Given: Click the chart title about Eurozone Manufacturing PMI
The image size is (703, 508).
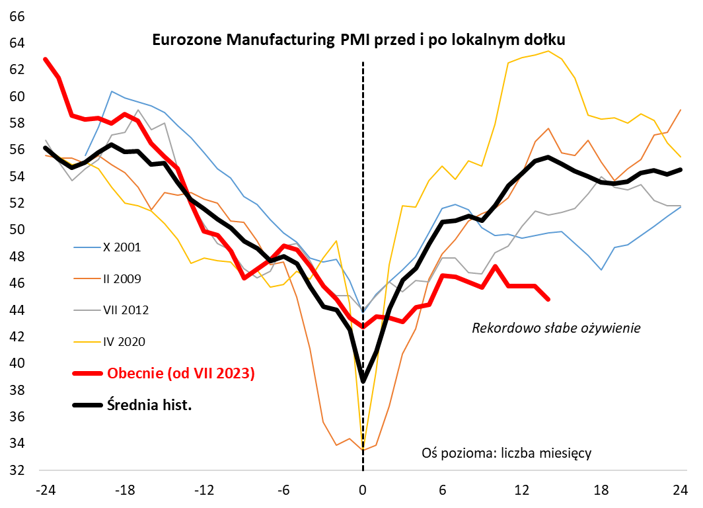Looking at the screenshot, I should point(359,40).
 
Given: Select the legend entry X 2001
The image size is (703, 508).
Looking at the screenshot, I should point(123,247).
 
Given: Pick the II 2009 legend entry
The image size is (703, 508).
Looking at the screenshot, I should point(123,278).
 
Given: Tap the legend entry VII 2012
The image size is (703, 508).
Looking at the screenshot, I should point(126,310).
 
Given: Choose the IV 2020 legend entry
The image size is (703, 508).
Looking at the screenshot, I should point(124,341).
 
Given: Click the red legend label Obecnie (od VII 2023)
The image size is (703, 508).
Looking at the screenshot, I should point(180,373).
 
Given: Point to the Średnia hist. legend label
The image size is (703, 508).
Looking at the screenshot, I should point(149,404).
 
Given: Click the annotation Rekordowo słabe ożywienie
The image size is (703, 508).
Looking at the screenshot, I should point(556,327).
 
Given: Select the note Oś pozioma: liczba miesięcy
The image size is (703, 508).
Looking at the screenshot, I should point(505,453).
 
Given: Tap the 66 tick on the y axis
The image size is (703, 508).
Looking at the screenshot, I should point(15,16).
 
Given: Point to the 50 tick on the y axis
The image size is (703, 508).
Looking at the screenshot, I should point(15,230).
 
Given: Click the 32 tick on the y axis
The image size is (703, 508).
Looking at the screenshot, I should point(15,470).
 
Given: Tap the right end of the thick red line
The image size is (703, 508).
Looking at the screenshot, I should point(548,299).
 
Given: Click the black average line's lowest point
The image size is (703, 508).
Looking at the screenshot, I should point(363,381).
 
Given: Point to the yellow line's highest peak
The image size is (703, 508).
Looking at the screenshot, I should point(548,51).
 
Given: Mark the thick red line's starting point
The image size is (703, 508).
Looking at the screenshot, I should point(46,60).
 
